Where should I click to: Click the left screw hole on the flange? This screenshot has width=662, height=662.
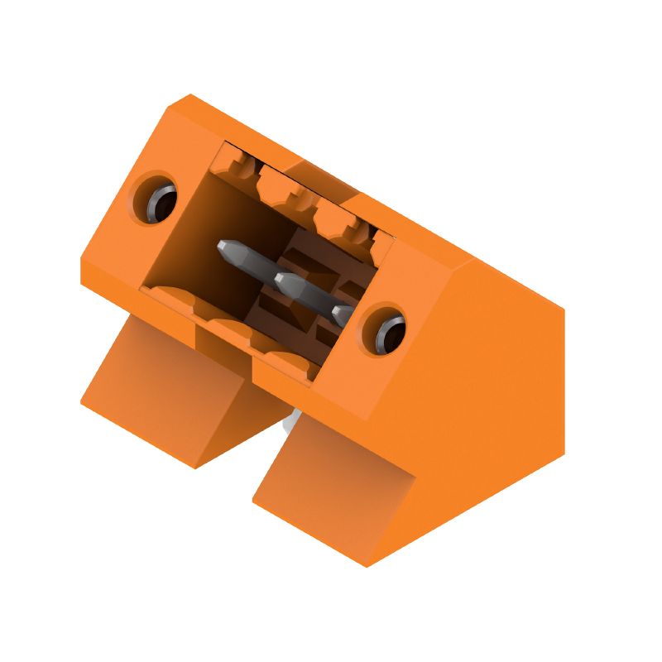(x=159, y=200)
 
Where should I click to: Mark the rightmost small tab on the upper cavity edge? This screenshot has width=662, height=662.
(x=383, y=240)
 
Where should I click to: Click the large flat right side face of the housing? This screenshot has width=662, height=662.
(x=488, y=389)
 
